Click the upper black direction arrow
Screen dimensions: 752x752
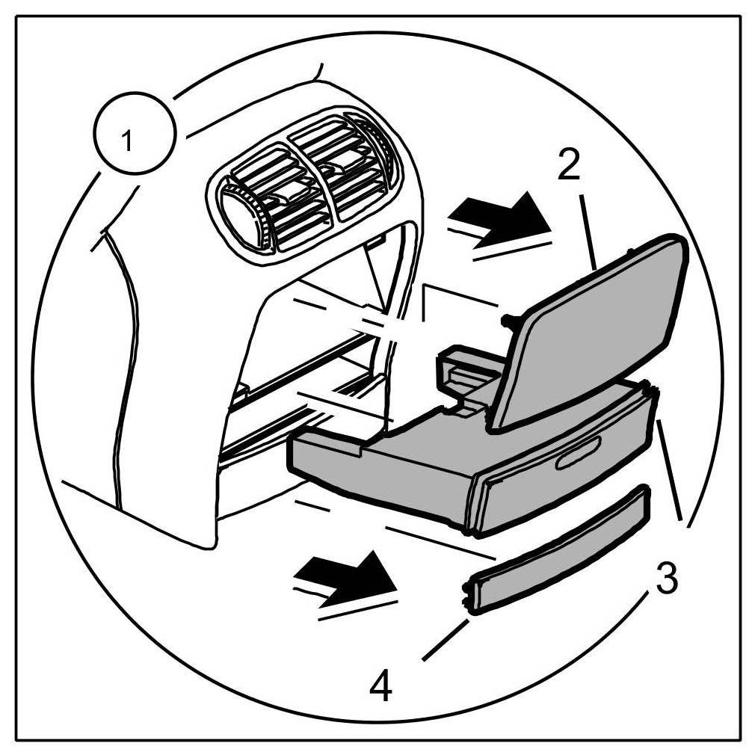[501, 215]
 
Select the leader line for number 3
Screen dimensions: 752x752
[670, 471]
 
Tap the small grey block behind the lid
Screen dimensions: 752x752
[460, 370]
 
